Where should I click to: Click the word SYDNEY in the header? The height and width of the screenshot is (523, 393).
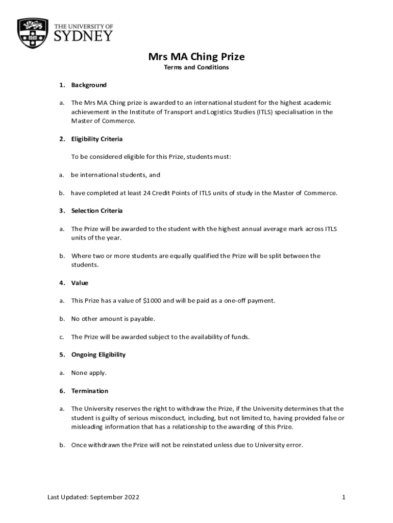83,35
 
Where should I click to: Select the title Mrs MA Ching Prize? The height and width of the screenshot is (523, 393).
196,56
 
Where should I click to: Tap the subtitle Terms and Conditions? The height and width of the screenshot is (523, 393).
196,67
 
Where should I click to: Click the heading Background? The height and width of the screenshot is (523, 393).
89,85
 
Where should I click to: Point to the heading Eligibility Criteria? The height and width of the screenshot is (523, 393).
97,139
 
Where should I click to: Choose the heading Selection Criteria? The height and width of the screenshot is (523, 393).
97,210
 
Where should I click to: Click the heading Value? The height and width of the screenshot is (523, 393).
80,282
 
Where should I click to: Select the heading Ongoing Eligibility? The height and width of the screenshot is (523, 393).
99,354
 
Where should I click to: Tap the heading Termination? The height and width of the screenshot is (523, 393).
90,391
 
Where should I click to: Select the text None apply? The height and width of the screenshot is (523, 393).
89,372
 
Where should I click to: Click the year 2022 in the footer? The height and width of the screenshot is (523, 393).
131,497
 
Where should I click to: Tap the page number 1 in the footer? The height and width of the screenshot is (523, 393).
344,497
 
